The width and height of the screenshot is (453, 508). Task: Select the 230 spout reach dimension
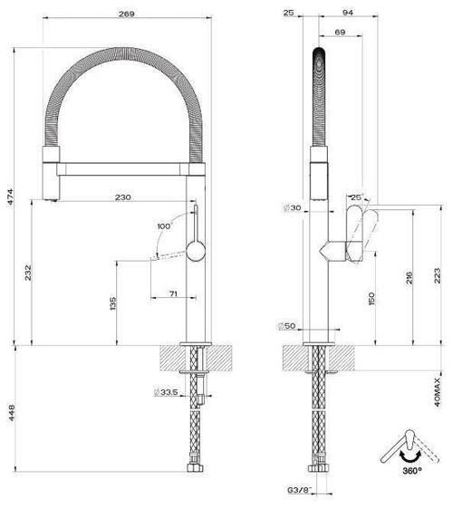(x=125, y=196)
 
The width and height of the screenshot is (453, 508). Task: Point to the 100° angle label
(x=164, y=225)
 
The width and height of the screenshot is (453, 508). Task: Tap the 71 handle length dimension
(x=172, y=295)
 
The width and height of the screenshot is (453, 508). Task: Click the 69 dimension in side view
(x=340, y=33)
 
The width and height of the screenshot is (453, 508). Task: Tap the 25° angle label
(x=355, y=197)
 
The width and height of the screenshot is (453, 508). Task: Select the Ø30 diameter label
(x=292, y=208)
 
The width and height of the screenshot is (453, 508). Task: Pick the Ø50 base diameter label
(x=286, y=326)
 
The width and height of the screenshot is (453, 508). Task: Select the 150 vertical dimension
(x=371, y=299)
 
